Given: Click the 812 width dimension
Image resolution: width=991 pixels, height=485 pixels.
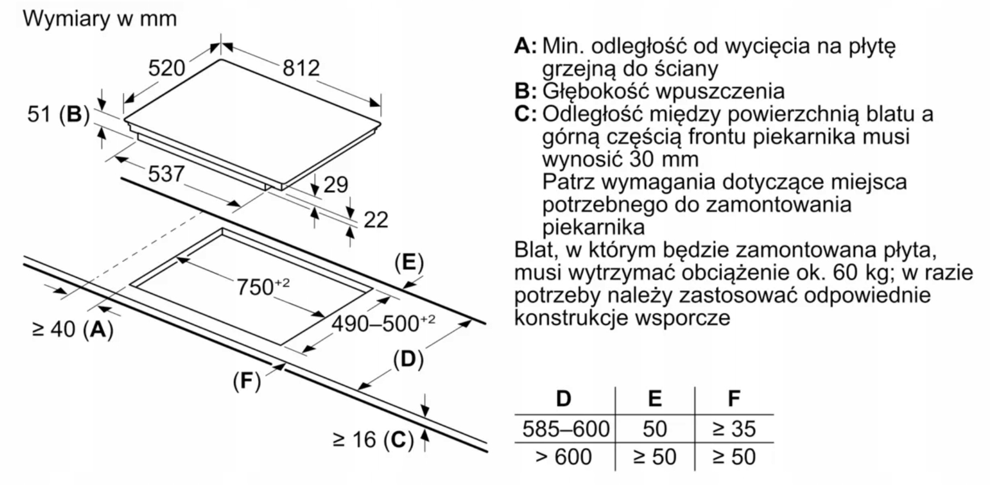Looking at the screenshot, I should (x=301, y=68).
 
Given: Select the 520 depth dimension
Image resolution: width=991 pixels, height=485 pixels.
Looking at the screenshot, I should (x=166, y=68).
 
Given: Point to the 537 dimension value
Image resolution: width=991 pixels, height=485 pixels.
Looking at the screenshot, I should (x=166, y=174).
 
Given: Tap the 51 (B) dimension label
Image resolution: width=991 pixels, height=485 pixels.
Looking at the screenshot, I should (x=58, y=115).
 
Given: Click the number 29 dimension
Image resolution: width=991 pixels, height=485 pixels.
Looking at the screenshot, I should (x=336, y=185).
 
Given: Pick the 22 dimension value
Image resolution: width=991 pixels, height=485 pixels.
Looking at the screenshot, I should (x=376, y=220).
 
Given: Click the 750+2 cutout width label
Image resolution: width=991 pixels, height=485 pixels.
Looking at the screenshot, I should (x=262, y=287).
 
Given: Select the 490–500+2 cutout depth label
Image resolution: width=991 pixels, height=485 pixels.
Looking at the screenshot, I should (x=383, y=323).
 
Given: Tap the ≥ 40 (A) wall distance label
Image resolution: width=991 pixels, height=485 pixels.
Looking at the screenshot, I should (x=73, y=329).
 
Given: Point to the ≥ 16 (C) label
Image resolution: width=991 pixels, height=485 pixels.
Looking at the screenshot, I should (x=373, y=440).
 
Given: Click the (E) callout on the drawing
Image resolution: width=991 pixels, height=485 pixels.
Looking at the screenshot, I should (x=409, y=262).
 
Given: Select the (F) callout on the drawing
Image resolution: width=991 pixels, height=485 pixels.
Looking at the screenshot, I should (x=247, y=381).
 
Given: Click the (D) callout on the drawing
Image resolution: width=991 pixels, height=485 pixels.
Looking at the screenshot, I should (x=408, y=360).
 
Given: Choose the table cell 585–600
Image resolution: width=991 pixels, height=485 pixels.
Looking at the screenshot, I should (x=565, y=428).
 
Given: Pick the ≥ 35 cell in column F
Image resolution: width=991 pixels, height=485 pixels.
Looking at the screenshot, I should (x=734, y=428).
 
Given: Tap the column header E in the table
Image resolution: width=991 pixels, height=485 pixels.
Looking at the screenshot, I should (x=655, y=399).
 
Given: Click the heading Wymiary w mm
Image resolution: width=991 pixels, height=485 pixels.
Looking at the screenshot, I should (x=100, y=19).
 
